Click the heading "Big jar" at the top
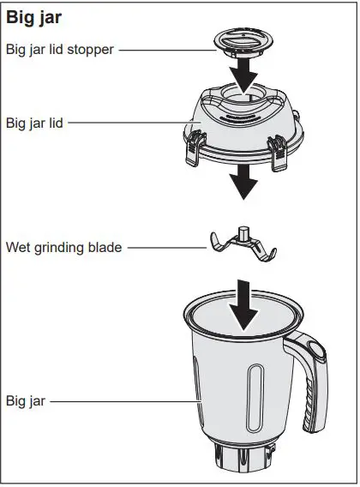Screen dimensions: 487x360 35,17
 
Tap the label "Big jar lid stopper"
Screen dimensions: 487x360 59,49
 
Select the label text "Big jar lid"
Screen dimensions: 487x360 33,123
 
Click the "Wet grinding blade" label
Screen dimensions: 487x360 64,248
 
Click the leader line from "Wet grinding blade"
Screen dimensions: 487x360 166,248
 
